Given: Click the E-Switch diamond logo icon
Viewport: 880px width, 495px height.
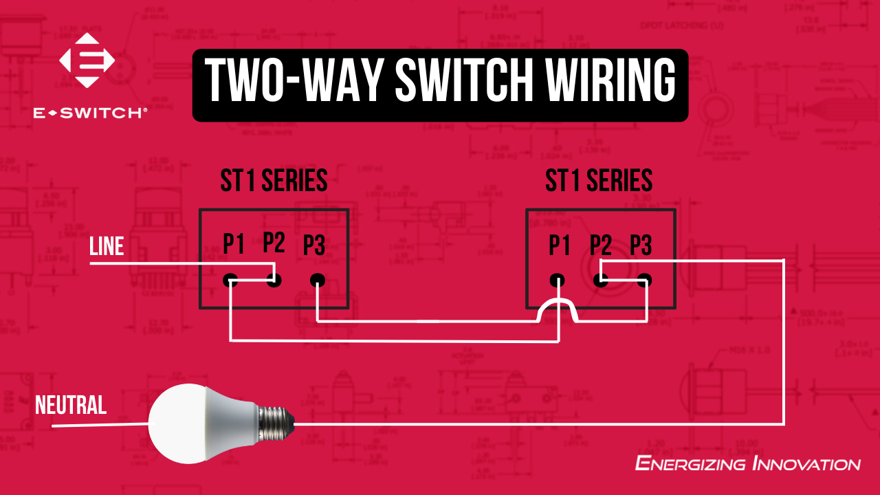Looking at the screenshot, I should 87,60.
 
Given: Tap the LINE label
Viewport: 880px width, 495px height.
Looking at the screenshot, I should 107,247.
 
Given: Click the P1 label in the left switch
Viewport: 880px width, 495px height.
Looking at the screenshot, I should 234,243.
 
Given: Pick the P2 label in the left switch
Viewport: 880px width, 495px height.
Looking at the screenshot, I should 274,242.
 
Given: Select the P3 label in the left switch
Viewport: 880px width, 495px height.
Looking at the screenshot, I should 314,245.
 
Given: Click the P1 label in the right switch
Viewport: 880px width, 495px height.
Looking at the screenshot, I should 559,245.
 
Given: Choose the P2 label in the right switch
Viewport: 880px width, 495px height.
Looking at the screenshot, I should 600,245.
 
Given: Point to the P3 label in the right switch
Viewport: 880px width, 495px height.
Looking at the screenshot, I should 641,245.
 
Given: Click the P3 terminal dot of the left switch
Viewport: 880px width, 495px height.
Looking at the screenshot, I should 316,280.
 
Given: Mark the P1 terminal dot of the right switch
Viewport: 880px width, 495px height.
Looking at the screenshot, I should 558,280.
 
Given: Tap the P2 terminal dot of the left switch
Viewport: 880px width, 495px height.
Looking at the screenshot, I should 274,280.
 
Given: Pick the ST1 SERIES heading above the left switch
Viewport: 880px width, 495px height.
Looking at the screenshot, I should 274,181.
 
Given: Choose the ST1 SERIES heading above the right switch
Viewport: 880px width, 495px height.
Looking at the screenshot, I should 599,181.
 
